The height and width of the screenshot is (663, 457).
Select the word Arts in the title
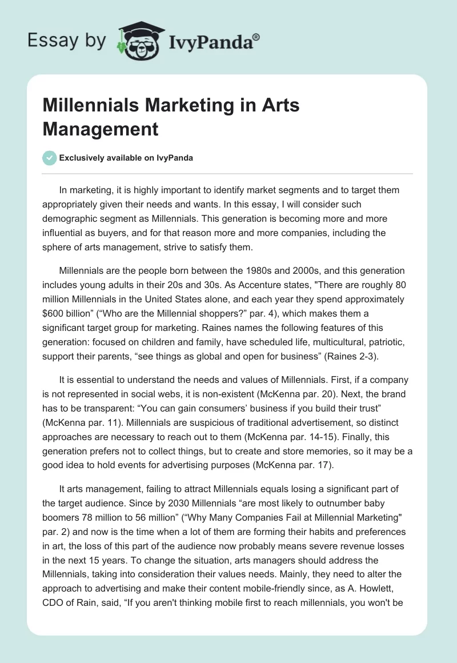point(279,105)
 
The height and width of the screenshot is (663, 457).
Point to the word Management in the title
point(101,129)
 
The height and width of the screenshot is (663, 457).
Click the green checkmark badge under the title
point(50,158)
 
